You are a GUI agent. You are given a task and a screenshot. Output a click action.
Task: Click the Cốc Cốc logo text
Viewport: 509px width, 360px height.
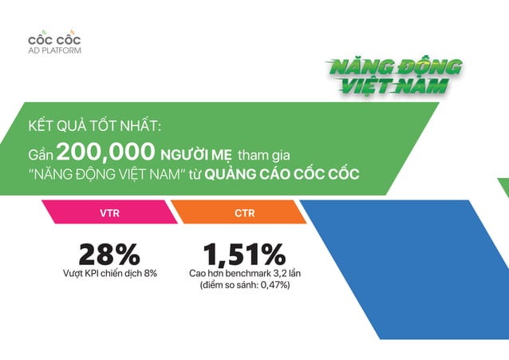54,39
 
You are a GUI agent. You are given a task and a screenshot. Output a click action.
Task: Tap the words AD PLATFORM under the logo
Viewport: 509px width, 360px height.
54,50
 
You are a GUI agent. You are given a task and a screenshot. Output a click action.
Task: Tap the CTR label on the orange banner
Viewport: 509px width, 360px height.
245,213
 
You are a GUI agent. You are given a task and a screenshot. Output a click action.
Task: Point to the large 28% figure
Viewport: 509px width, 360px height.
109,254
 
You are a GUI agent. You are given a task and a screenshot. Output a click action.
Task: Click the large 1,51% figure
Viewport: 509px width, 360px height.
244,254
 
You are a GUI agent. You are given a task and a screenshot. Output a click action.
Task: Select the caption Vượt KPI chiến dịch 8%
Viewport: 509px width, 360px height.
109,274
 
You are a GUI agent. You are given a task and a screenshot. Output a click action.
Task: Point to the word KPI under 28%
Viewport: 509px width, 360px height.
96,274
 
